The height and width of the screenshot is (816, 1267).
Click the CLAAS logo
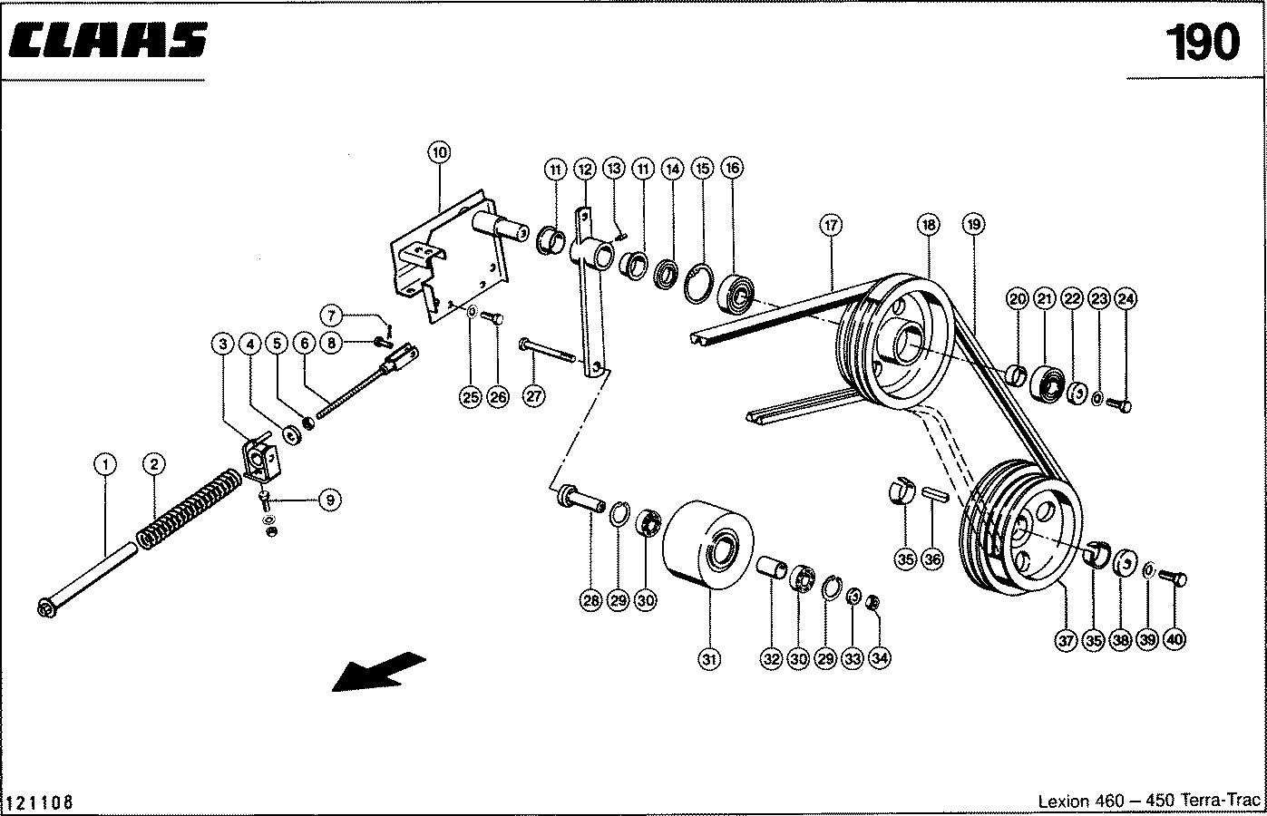(107, 41)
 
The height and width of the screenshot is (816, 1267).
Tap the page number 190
(1201, 43)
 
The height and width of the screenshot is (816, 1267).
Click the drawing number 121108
(40, 802)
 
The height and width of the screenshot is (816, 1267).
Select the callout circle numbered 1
(105, 465)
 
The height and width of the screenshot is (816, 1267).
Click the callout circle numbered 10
(439, 152)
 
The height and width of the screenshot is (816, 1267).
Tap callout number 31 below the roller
(709, 659)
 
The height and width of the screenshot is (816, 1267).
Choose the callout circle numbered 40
(1174, 640)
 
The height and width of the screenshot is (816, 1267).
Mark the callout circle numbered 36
(932, 559)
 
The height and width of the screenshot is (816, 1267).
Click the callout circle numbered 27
(534, 395)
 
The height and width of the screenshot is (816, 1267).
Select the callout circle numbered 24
(1126, 297)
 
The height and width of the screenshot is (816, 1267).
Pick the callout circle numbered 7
(332, 316)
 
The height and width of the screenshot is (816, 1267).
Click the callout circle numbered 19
(973, 224)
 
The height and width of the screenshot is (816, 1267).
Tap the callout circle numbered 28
(591, 600)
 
